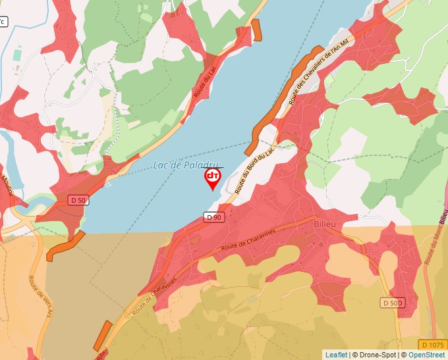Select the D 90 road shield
coord(212,217)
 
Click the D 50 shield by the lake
coord(78,200)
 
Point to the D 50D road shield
coord(391,303)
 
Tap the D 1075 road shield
coord(432,345)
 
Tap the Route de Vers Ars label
coord(37,290)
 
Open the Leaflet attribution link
coord(336,355)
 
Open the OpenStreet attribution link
coord(427,355)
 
